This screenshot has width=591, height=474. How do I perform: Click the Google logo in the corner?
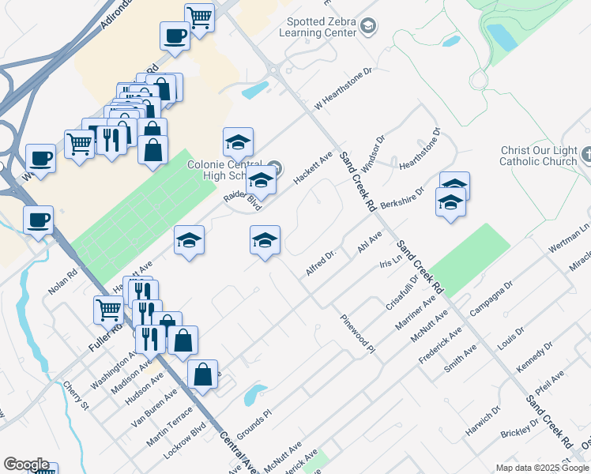26,465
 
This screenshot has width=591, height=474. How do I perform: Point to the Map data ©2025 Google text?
543,468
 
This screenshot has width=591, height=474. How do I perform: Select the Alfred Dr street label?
322,262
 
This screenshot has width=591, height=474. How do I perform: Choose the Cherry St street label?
77,395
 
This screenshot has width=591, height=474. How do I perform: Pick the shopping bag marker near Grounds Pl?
203,374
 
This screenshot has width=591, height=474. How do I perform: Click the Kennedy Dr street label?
529,360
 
